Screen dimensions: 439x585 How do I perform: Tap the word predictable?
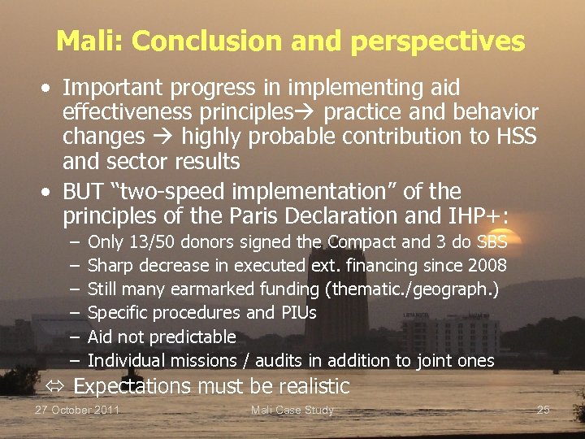click(193, 337)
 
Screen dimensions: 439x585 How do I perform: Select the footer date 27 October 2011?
click(77, 410)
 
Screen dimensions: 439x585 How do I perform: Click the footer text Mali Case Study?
click(292, 410)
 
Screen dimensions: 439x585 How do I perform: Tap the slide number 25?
click(544, 410)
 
